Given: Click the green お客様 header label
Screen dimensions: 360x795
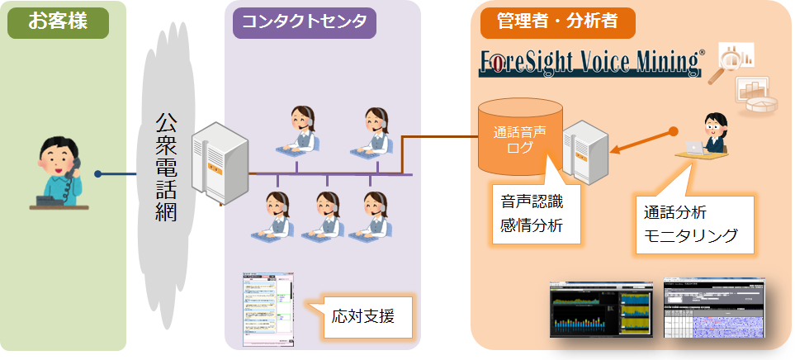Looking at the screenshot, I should [57, 22].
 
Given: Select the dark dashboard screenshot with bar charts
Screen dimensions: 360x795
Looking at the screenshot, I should [602, 313].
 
